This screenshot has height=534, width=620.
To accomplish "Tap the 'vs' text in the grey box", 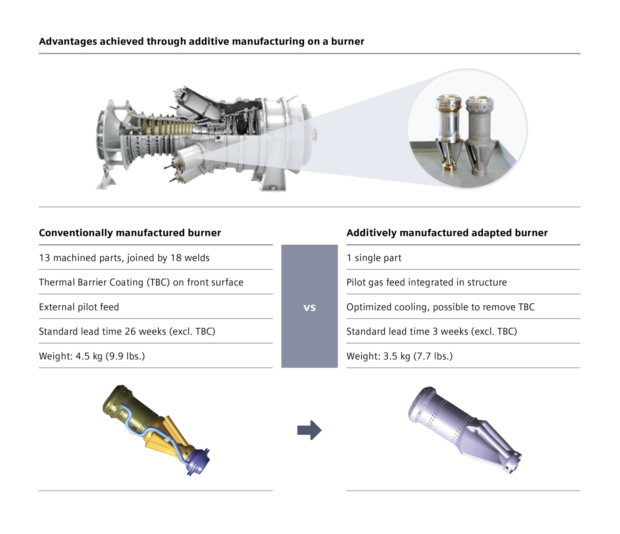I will [309, 308].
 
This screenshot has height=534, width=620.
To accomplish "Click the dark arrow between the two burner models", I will [309, 430].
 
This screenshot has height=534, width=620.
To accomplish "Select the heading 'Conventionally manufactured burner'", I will [130, 233].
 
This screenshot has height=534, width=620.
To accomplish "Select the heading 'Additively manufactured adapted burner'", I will [447, 233].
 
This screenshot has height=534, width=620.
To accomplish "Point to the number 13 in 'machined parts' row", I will [44, 258].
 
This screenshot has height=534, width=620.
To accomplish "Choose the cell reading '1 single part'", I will [374, 258].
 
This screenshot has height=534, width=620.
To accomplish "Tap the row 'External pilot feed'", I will [79, 307].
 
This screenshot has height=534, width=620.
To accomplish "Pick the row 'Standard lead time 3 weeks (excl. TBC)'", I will [431, 331].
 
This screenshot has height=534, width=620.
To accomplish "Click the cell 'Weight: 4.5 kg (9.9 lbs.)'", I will [92, 356].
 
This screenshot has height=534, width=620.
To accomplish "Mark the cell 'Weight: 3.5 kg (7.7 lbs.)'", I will [399, 356].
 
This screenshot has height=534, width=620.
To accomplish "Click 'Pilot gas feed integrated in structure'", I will [426, 282].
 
